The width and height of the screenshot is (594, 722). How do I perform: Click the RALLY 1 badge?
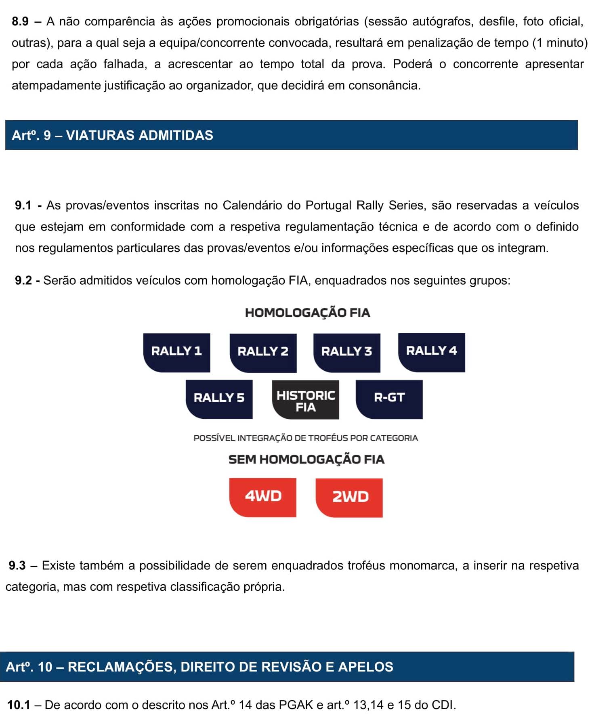click(x=176, y=352)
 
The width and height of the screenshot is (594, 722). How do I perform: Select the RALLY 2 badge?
click(x=263, y=353)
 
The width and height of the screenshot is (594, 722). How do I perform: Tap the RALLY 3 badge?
click(x=346, y=353)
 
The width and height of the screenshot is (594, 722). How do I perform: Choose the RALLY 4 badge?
click(x=431, y=352)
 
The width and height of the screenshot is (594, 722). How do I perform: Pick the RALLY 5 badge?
click(x=219, y=399)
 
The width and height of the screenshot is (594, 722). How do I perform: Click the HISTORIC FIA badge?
click(x=305, y=399)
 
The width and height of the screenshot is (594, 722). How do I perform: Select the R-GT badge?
click(x=389, y=399)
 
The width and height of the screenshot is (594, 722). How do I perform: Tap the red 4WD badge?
click(x=262, y=497)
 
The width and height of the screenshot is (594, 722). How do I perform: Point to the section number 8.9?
click(x=20, y=21)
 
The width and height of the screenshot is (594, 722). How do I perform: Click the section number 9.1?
click(x=23, y=205)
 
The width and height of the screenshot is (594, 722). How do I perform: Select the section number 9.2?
click(x=23, y=280)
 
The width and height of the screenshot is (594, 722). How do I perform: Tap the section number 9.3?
click(x=17, y=565)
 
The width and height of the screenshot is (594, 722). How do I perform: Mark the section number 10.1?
click(x=19, y=705)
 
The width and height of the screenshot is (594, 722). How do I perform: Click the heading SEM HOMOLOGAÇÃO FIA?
click(x=306, y=460)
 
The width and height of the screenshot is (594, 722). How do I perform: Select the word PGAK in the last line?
click(x=296, y=705)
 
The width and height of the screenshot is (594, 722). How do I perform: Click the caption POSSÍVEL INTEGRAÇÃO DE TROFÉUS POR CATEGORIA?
click(x=305, y=438)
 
